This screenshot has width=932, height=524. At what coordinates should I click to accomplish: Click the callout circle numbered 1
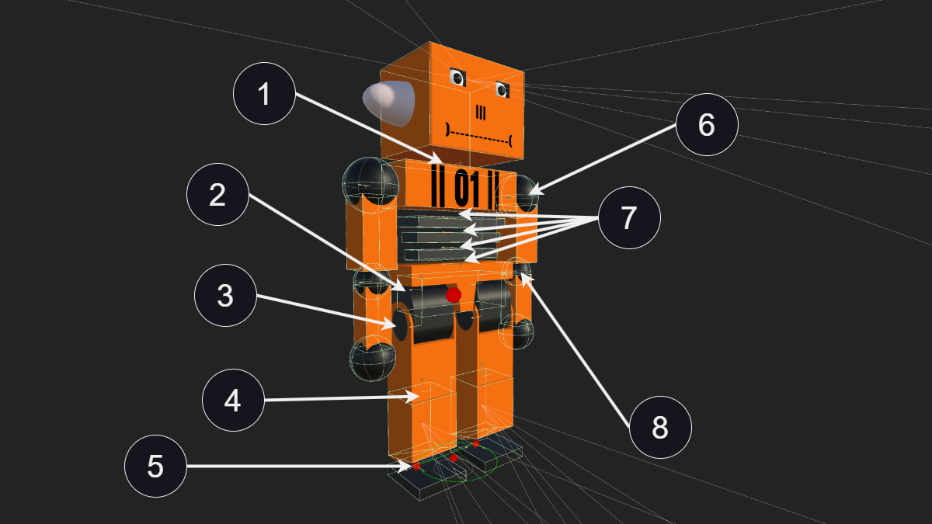pos(265,94)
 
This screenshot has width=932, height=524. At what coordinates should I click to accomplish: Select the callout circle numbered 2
pos(218,194)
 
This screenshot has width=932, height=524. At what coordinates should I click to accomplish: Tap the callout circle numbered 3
pos(225,295)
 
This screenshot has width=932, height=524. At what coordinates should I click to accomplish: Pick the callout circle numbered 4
pos(233,400)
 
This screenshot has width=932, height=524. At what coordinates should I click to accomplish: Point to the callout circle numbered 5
pos(155,467)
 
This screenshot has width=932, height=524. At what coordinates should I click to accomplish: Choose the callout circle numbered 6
pos(707,125)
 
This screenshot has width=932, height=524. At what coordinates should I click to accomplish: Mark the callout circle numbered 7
pos(629,217)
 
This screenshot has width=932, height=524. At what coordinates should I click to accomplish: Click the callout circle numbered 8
pos(660,427)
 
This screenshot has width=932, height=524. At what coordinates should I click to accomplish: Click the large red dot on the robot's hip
pos(453,295)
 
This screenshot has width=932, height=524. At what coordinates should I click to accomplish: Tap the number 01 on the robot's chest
pos(467,188)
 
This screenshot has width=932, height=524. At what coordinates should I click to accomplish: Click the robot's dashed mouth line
pos(478,135)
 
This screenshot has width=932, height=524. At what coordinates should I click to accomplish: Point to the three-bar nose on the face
pos(481,113)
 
